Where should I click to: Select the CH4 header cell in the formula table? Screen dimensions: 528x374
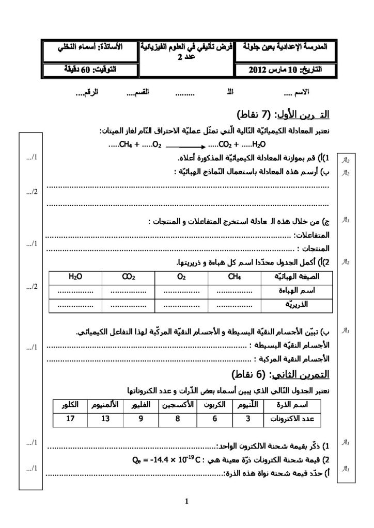(234, 277)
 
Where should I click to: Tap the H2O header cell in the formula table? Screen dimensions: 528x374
(75, 277)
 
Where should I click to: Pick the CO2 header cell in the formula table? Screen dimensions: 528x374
(129, 277)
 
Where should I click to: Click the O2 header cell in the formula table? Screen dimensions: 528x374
(181, 277)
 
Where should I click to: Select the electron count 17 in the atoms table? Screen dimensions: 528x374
(70, 419)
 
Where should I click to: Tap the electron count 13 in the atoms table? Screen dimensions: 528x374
(105, 419)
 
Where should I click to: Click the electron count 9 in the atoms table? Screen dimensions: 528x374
(140, 419)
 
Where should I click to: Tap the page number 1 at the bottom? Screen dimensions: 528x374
(186, 500)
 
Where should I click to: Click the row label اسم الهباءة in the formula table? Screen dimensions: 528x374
(293, 291)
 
